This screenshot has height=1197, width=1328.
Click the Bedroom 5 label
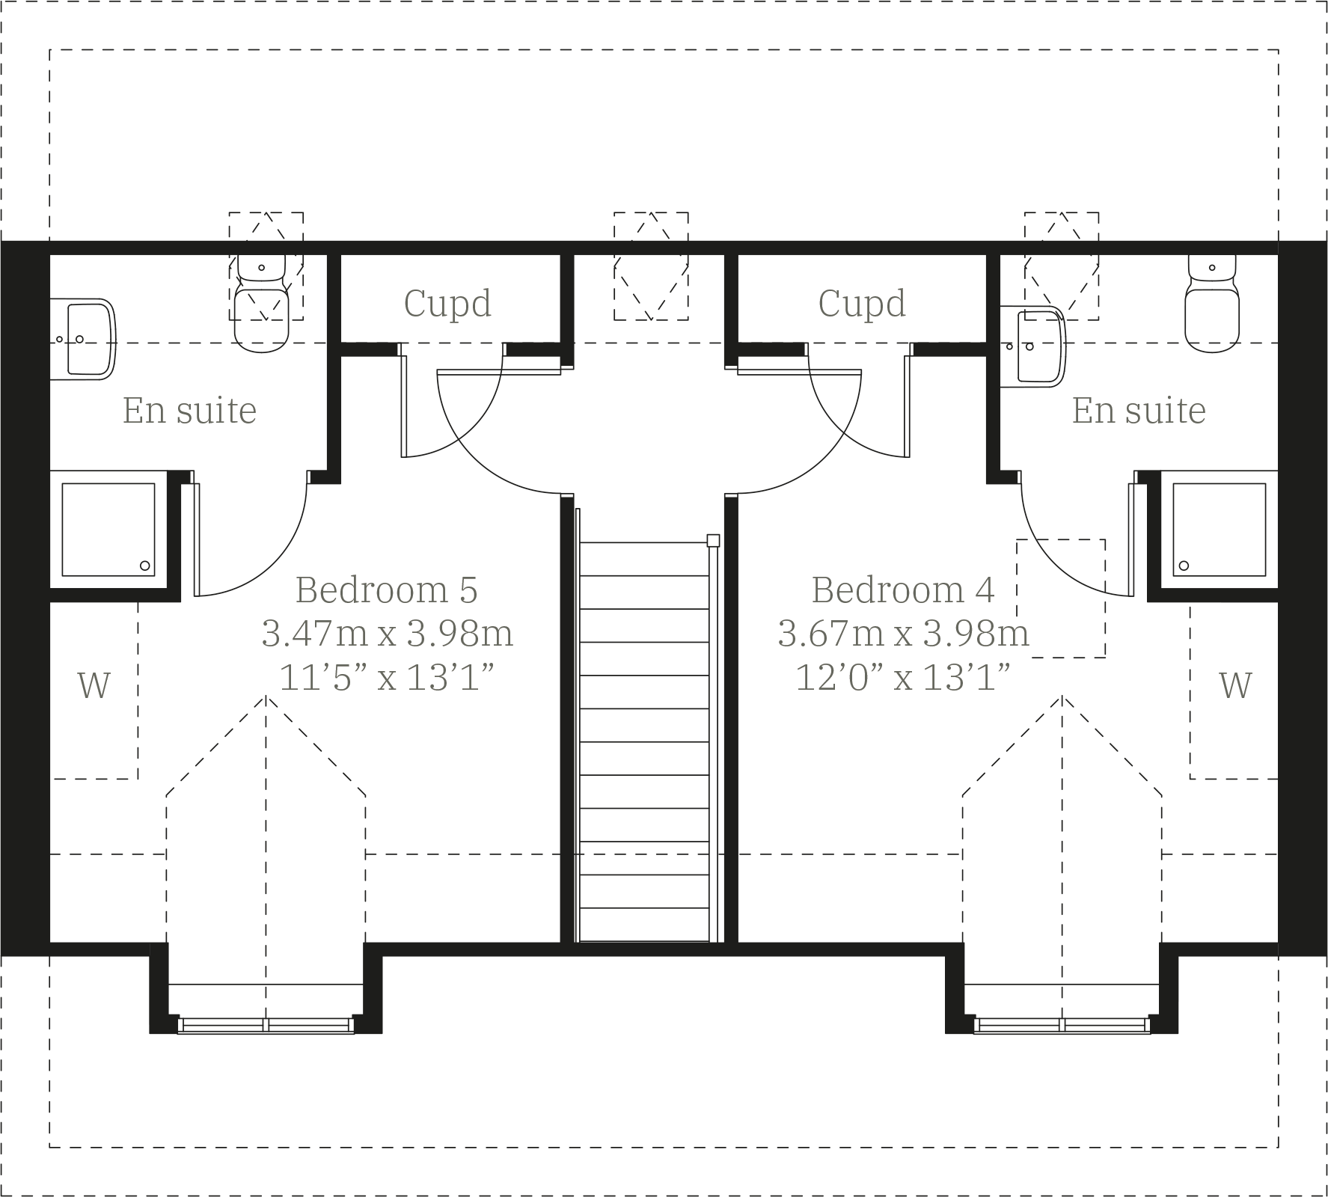pos(386,590)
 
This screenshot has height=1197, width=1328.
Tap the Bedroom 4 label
pos(903,590)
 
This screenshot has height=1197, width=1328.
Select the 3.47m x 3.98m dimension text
pos(387,634)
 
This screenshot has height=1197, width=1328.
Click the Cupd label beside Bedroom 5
pos(447,304)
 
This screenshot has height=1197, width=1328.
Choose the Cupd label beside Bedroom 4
pos(862,304)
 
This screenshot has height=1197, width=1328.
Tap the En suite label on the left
pos(189,411)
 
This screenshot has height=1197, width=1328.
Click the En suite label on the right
pos(1139,411)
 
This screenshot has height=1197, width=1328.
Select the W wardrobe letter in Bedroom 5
pos(94,685)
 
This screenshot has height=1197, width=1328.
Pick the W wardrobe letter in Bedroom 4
pos(1235,685)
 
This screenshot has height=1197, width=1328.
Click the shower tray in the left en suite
pos(108,529)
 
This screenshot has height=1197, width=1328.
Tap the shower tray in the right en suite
pos(1219,529)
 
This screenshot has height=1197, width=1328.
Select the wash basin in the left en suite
pos(86,339)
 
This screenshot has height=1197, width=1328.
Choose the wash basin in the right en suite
pos(1036,346)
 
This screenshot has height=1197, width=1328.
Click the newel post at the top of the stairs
pos(713,540)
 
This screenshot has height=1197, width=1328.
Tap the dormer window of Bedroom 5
pos(266,1025)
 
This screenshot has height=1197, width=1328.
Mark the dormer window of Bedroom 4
pos(1062,1025)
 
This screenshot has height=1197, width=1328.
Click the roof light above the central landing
pos(651,266)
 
